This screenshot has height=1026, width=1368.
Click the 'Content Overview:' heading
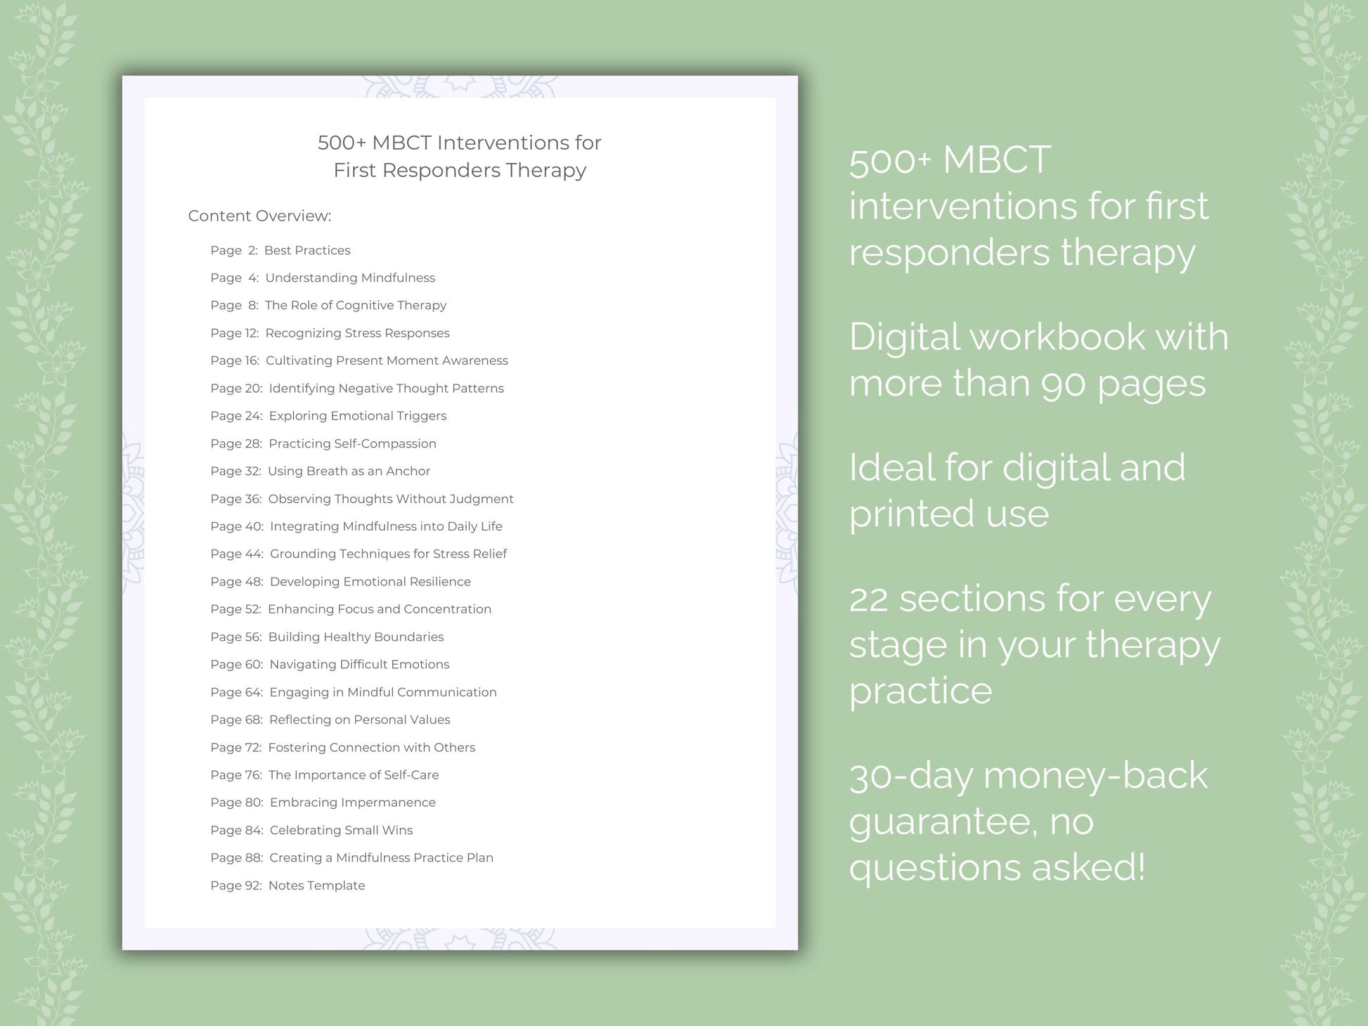coord(259,216)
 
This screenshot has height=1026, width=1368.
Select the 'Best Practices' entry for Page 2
coord(307,250)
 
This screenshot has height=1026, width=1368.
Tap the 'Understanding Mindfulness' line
coord(350,278)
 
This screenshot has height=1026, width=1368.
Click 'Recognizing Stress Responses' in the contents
coord(357,333)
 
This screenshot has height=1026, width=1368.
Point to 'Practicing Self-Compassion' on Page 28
coord(352,443)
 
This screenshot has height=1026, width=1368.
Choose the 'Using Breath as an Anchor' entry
coord(349,471)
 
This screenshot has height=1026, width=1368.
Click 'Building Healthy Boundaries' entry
coord(356,637)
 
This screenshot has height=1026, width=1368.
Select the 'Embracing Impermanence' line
coord(352,803)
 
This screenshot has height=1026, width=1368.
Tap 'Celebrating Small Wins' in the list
coord(341,830)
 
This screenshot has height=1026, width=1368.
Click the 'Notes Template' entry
coord(316,885)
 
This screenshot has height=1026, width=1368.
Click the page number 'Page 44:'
coord(237,554)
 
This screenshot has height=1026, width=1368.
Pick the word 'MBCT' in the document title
coord(401,143)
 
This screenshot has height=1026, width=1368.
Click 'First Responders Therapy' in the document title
coord(460,170)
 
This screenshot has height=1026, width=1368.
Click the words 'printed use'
coord(948,514)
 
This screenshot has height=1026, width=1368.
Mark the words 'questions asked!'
coord(997,867)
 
